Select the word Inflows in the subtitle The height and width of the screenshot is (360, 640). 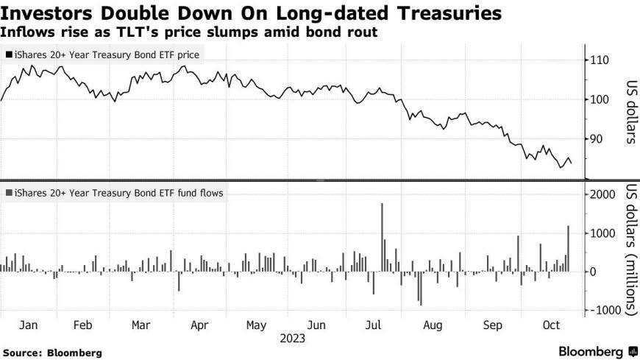click(24, 32)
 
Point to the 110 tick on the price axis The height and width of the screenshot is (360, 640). click(600, 60)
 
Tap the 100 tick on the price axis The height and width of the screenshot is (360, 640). click(600, 99)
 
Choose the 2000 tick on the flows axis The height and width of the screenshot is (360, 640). click(602, 194)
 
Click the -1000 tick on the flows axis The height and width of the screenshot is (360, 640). click(604, 311)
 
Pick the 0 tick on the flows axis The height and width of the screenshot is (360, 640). click(592, 272)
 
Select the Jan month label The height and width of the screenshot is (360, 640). click(28, 325)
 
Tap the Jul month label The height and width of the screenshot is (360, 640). click(373, 325)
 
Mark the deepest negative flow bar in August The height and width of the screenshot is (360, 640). click(420, 288)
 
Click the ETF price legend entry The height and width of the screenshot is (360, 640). click(102, 54)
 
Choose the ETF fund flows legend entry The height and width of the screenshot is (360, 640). click(114, 193)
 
